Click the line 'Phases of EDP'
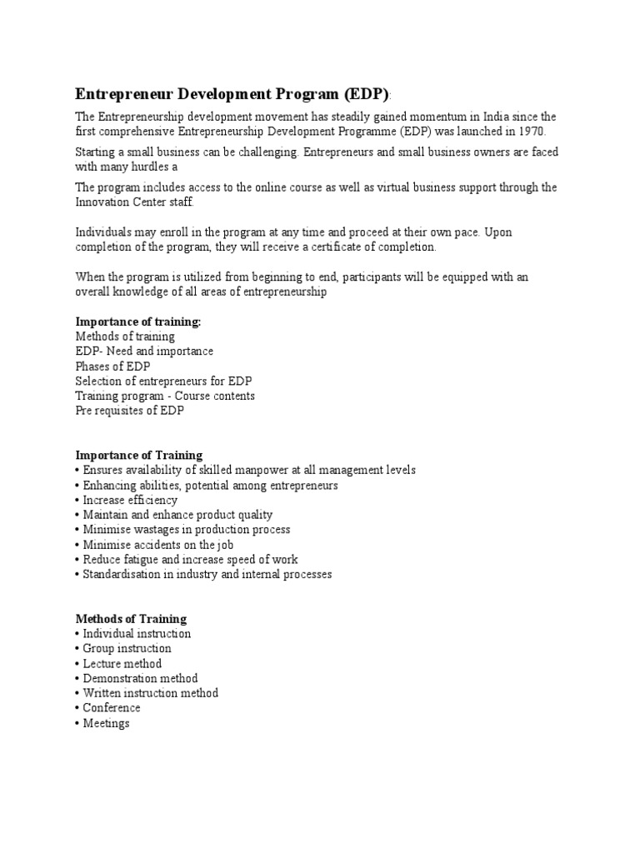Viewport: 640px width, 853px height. point(112,366)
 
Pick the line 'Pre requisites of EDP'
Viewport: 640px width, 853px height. point(130,411)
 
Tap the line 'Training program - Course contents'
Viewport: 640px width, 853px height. point(165,396)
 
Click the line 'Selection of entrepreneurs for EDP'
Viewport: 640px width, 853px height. point(163,381)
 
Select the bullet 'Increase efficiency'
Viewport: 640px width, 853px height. point(130,500)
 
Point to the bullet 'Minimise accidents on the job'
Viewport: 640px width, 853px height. point(157,545)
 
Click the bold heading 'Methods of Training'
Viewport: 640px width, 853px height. point(131,619)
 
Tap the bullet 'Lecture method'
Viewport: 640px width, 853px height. point(122,664)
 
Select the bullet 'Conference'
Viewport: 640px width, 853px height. point(112,708)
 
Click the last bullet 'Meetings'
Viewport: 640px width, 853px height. point(106,723)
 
